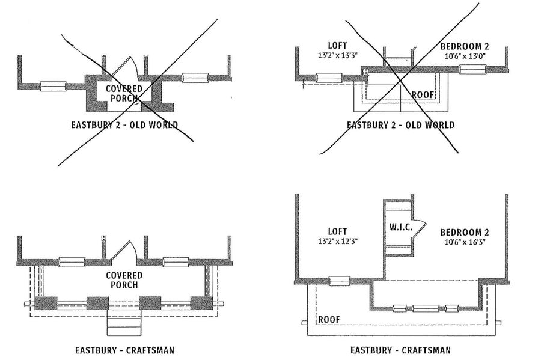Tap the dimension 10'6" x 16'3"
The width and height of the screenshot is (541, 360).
(463, 242)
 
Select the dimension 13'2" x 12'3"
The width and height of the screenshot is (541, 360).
(337, 242)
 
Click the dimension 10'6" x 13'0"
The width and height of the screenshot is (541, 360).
(464, 56)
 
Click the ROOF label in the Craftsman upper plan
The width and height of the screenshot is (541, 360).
(328, 320)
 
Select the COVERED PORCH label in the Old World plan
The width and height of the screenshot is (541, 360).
(124, 93)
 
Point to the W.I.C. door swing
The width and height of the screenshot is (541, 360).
(419, 228)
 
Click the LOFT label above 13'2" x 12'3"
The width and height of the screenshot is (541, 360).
(337, 231)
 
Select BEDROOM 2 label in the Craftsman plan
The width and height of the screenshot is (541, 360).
(464, 232)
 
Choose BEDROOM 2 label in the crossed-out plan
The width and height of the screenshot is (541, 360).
(464, 46)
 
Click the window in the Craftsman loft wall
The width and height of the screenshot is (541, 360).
(340, 281)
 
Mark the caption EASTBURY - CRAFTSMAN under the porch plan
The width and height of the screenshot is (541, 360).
(124, 349)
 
